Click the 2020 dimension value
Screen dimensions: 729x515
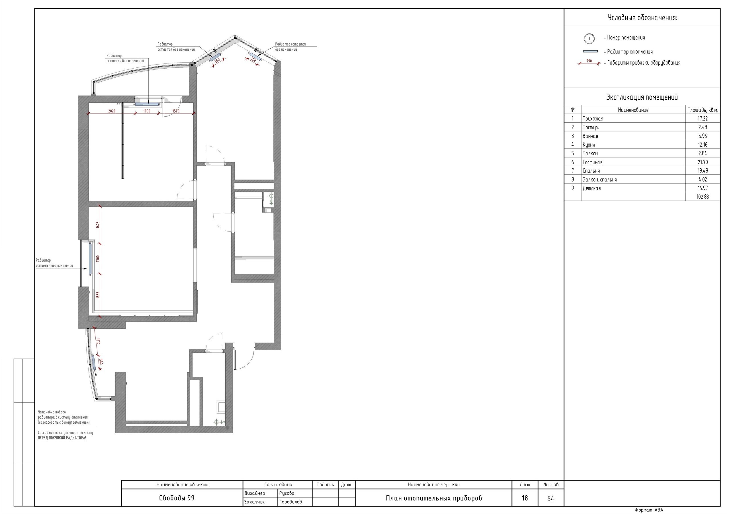pyautogui.click(x=112, y=111)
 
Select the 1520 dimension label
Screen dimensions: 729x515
pyautogui.click(x=176, y=111)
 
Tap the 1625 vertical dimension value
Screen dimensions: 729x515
pyautogui.click(x=98, y=225)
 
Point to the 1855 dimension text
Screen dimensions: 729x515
pyautogui.click(x=98, y=295)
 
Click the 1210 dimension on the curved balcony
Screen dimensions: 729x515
pyautogui.click(x=98, y=341)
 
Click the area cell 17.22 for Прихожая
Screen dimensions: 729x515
pyautogui.click(x=703, y=118)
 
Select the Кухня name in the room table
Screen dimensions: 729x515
pyautogui.click(x=589, y=145)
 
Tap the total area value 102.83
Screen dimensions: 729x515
pyautogui.click(x=703, y=197)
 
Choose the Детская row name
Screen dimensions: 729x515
pyautogui.click(x=591, y=188)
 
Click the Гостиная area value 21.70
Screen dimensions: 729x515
pyautogui.click(x=703, y=162)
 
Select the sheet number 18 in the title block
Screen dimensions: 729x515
pyautogui.click(x=525, y=498)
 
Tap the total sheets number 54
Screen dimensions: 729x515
pyautogui.click(x=550, y=498)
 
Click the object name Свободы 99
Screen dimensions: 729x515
pyautogui.click(x=177, y=498)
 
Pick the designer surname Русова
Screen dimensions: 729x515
pyautogui.click(x=287, y=493)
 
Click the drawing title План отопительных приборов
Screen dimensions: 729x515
pyautogui.click(x=434, y=498)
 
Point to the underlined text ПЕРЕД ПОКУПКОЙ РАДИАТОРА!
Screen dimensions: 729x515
pyautogui.click(x=62, y=438)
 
